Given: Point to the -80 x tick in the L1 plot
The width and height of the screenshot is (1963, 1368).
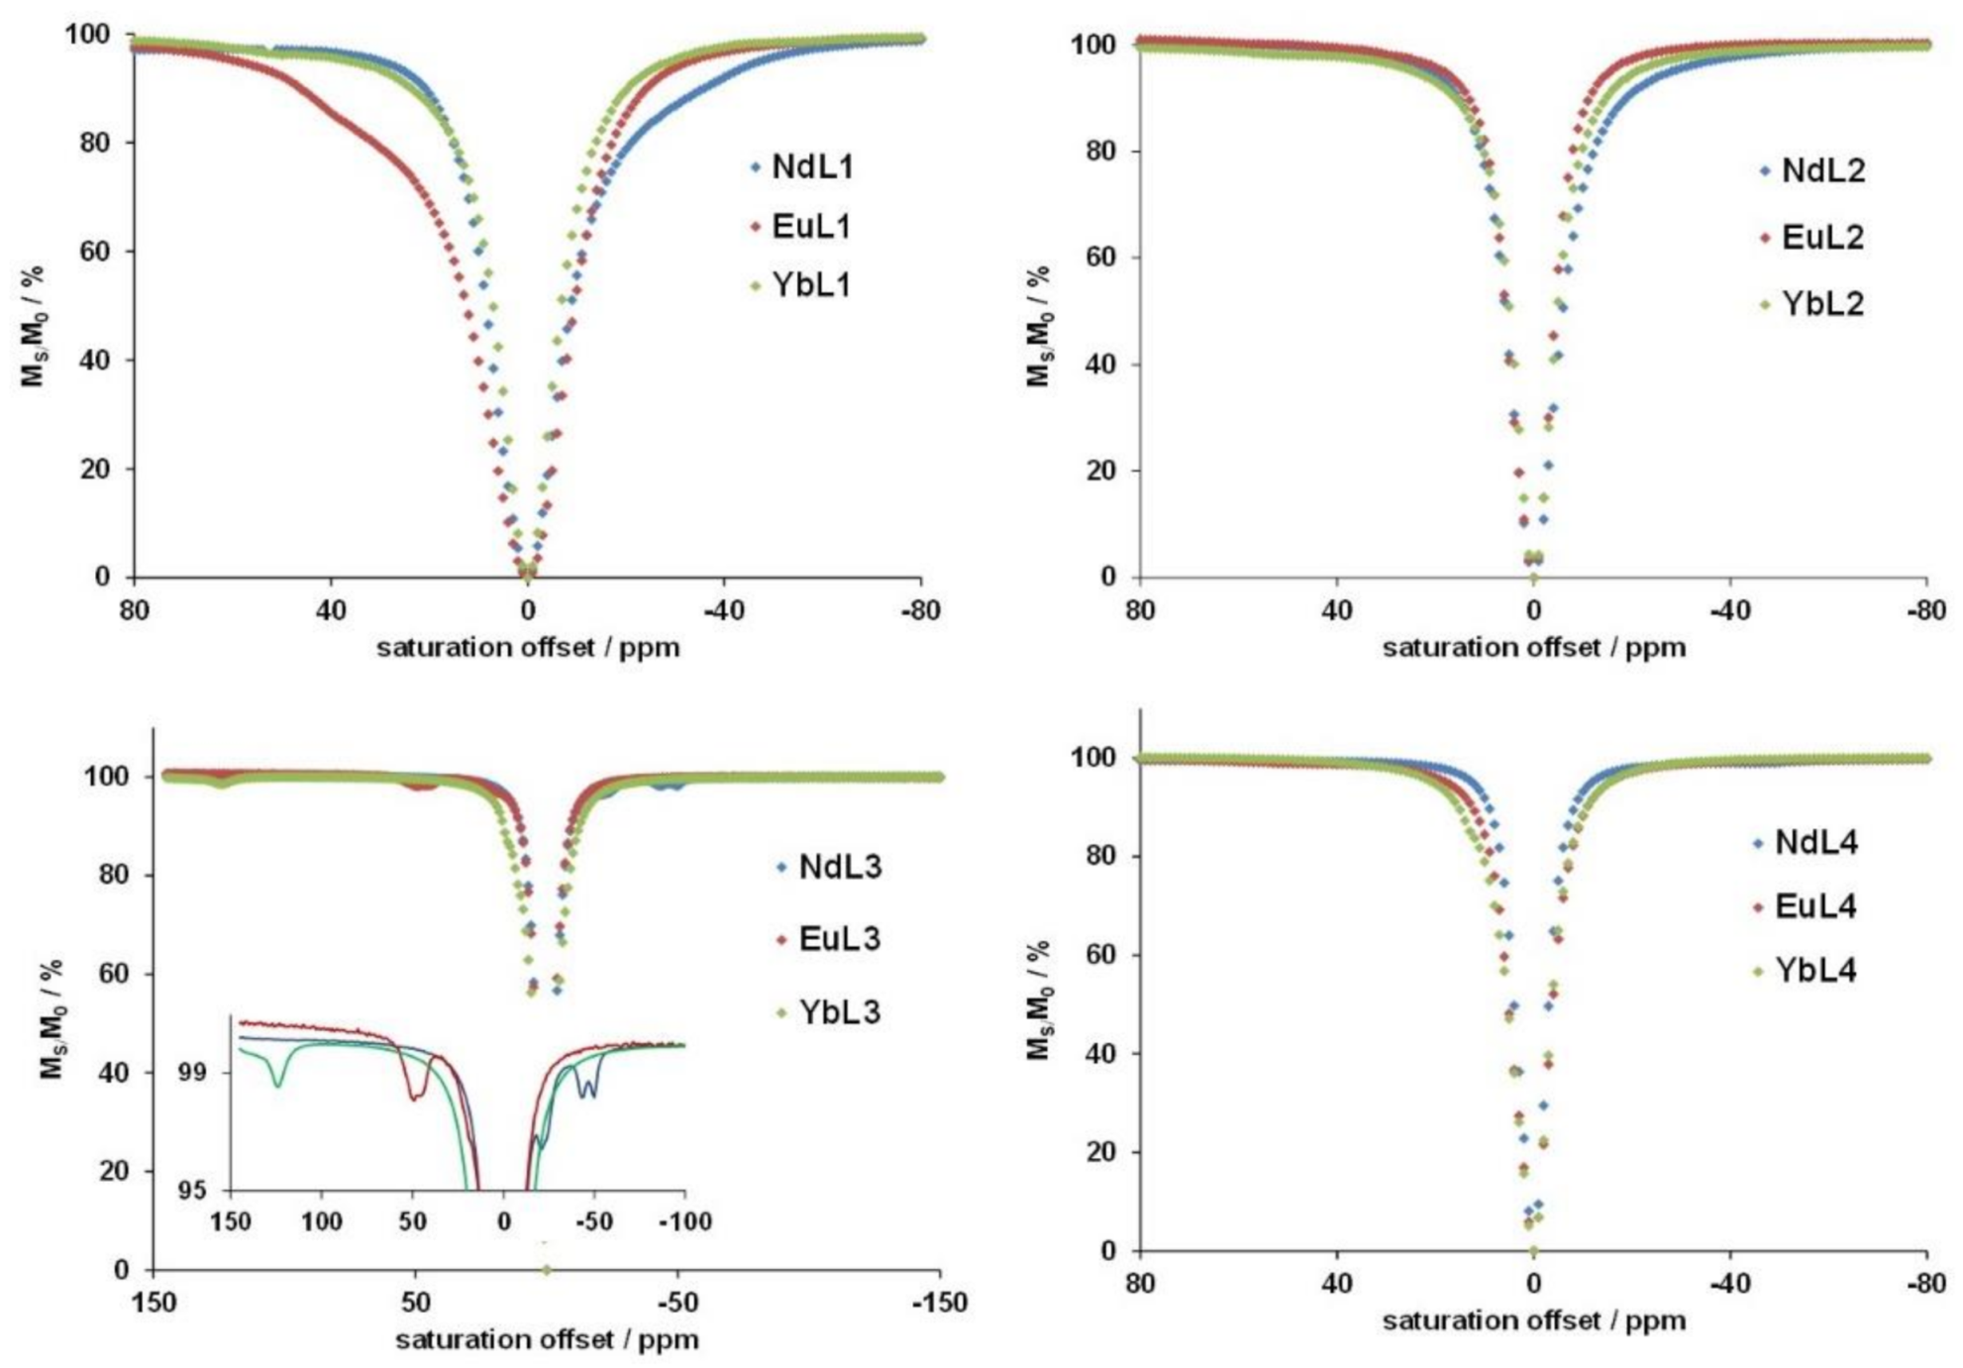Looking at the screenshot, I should pyautogui.click(x=920, y=610).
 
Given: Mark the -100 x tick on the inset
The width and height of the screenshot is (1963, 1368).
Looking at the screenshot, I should pyautogui.click(x=684, y=1222).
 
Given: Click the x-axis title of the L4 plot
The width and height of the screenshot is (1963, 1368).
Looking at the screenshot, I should pyautogui.click(x=1533, y=1321).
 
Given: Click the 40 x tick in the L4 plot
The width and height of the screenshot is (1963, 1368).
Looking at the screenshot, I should pyautogui.click(x=1336, y=1285).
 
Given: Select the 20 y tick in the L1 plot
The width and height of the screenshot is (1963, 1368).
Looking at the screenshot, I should pyautogui.click(x=95, y=470).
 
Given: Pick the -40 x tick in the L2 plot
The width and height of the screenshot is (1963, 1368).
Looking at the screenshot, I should pyautogui.click(x=1729, y=610).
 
